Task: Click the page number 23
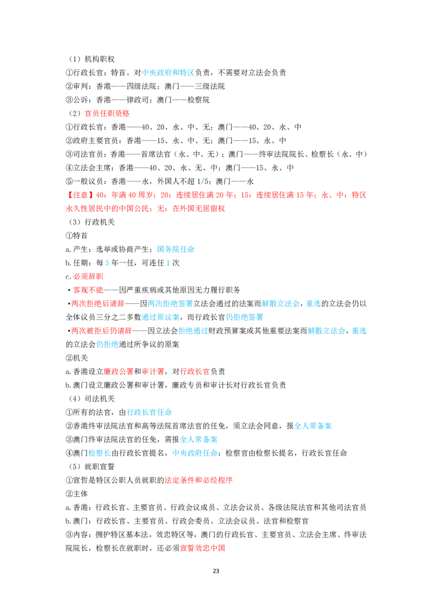216,571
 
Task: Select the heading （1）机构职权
92,59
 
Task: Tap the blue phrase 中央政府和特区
168,72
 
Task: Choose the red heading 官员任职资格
107,113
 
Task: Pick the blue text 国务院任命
175,249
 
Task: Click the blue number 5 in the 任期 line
107,263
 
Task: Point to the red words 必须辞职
88,277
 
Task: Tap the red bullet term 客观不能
88,290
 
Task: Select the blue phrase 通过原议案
160,317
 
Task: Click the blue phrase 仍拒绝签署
245,317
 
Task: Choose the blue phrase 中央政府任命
195,453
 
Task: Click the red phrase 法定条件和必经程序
199,480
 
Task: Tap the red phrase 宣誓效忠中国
202,548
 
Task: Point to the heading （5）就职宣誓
92,467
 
